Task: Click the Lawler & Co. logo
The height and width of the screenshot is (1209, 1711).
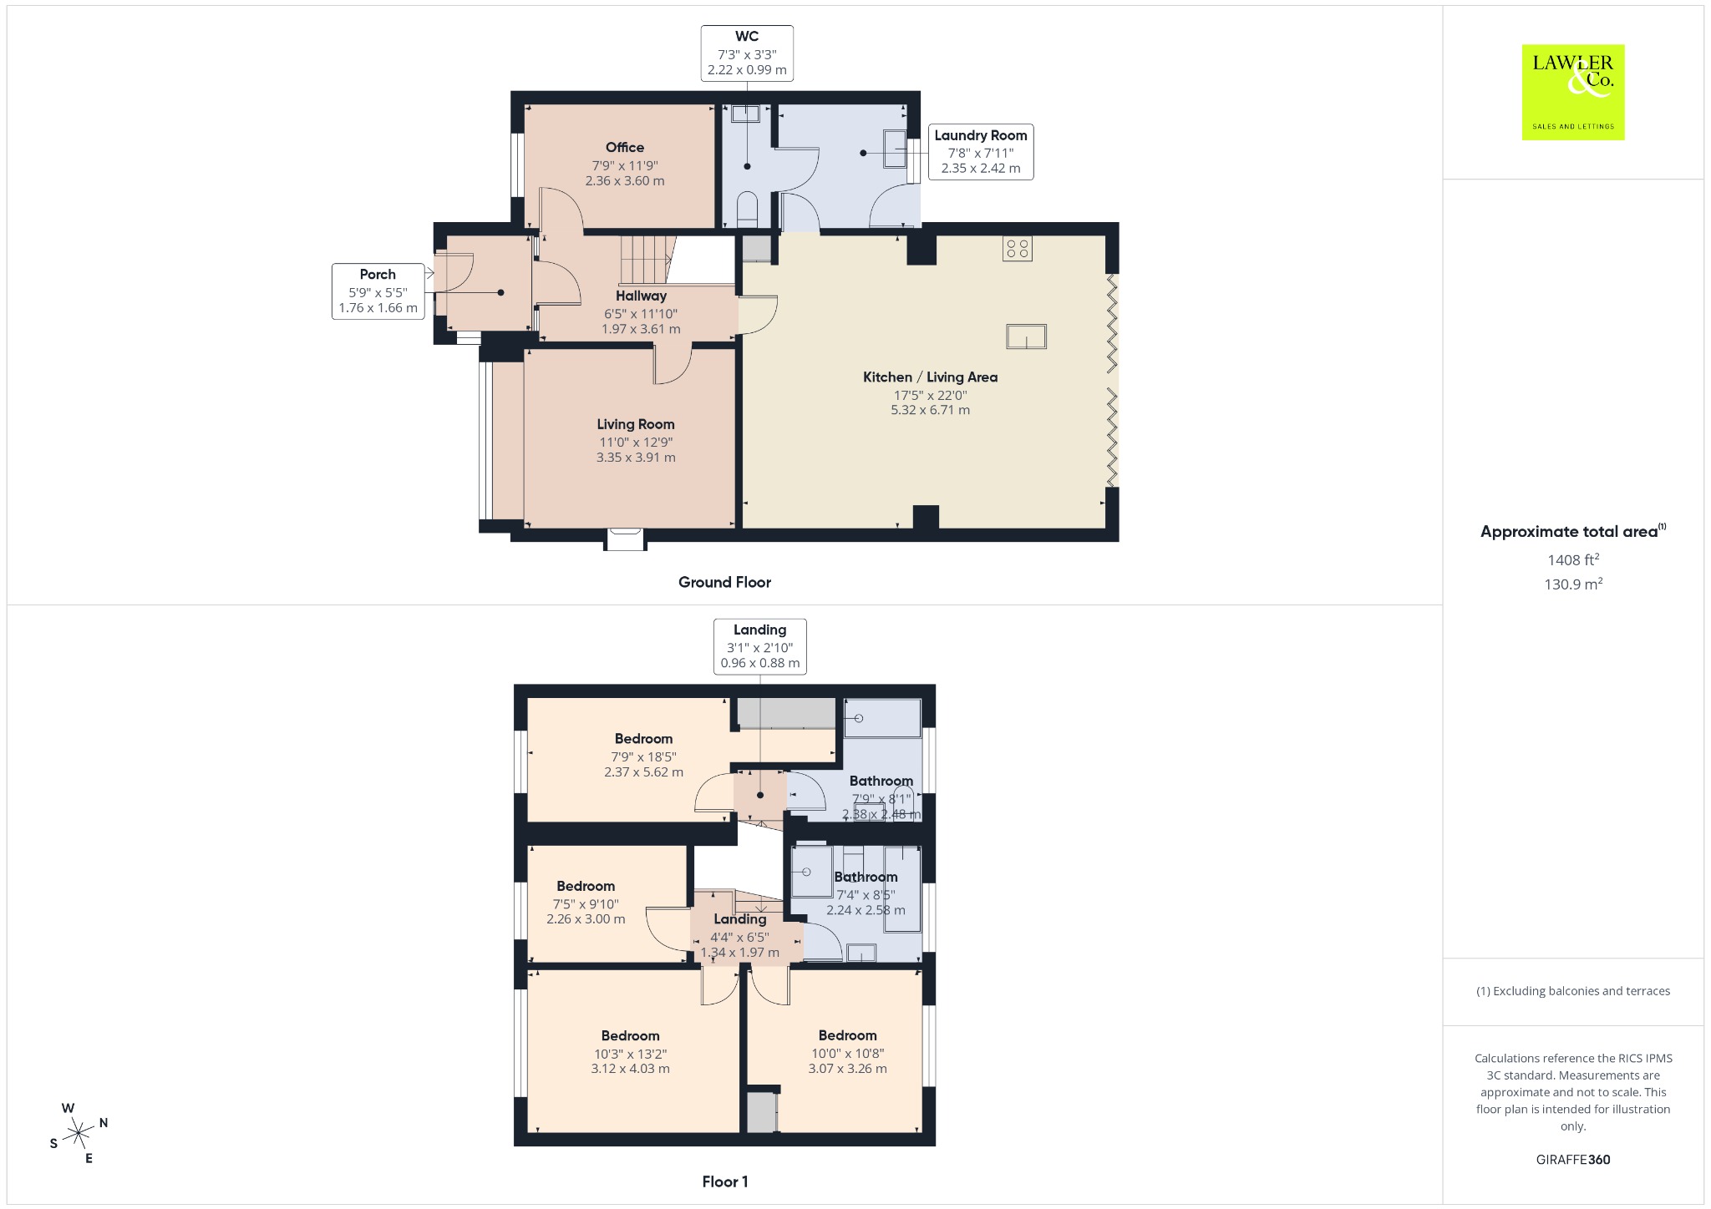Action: [x=1573, y=92]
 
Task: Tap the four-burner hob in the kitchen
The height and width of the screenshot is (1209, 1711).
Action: [x=1018, y=248]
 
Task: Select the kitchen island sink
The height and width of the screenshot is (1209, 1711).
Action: [x=1026, y=336]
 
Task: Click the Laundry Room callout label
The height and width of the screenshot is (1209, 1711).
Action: [x=981, y=152]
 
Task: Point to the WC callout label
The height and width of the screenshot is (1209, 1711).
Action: [x=747, y=53]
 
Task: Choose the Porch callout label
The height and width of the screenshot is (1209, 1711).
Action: [x=378, y=291]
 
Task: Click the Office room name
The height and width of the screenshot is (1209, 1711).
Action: [x=625, y=147]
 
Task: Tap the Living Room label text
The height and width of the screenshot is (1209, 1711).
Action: [x=636, y=424]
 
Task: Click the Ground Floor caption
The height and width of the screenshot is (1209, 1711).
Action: [x=724, y=582]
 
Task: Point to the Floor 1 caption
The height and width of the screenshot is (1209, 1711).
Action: [x=725, y=1181]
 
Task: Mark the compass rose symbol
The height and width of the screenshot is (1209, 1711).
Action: [x=79, y=1133]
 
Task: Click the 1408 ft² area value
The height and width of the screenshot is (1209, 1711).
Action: [x=1573, y=559]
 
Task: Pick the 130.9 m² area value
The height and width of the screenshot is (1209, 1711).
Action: [x=1573, y=584]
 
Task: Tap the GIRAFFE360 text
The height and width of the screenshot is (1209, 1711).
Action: [x=1573, y=1159]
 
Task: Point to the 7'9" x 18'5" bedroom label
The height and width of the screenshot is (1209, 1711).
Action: [x=643, y=755]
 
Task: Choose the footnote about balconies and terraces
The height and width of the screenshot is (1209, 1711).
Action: [x=1573, y=991]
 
